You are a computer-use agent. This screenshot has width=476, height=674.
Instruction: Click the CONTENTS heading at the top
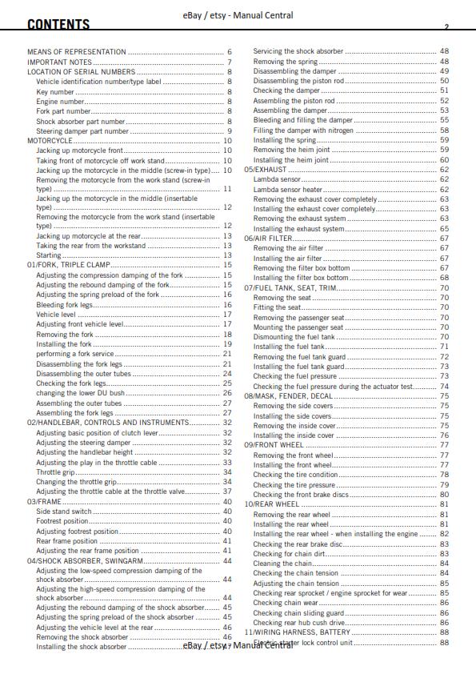click(58, 25)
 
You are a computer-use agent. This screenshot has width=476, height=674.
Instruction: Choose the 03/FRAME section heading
click(45, 501)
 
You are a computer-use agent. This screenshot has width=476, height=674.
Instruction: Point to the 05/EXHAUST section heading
click(266, 170)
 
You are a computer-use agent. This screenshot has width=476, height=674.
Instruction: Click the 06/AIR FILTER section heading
click(268, 239)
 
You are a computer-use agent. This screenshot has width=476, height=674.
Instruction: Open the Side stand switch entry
click(64, 512)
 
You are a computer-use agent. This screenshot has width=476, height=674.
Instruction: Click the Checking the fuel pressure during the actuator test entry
click(333, 387)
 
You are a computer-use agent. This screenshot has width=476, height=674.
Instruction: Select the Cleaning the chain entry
click(282, 564)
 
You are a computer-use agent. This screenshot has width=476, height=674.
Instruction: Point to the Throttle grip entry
click(56, 472)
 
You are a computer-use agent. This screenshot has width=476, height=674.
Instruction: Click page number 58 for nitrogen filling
click(444, 130)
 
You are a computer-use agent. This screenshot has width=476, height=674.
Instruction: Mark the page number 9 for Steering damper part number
click(230, 131)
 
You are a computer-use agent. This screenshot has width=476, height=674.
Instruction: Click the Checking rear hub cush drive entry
click(299, 623)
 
